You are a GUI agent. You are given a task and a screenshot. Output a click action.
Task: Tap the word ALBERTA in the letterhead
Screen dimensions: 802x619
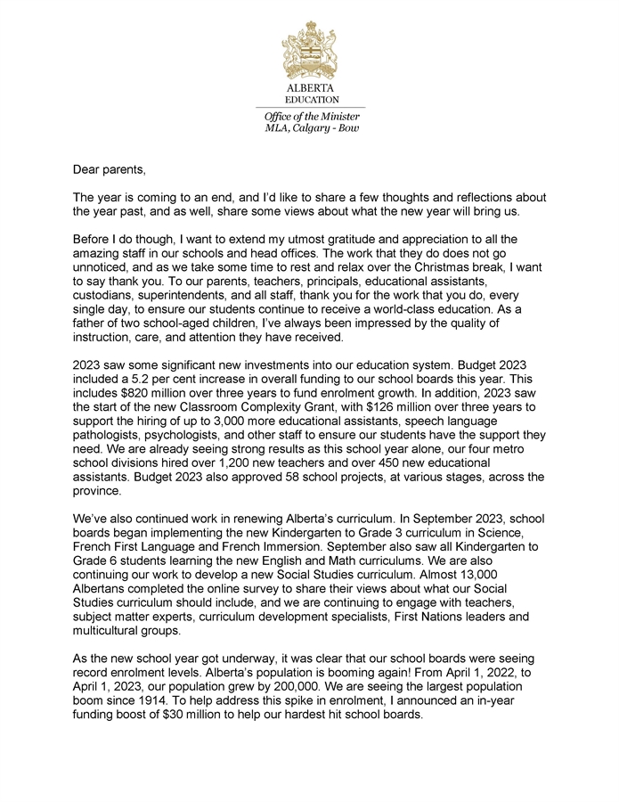310,89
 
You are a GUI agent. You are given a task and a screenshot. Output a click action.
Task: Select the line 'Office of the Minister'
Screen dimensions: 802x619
310,117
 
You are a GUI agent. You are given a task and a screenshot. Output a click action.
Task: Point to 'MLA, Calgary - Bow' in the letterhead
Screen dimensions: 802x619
310,128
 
